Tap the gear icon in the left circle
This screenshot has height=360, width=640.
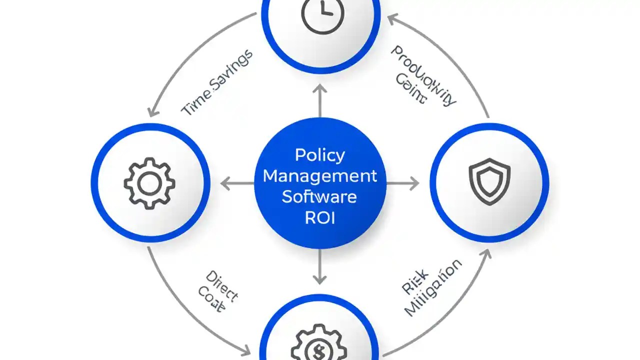coord(149,184)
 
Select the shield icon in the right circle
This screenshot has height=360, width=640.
coord(489,181)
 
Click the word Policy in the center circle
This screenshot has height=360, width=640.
coord(320,155)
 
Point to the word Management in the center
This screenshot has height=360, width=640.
coord(320,176)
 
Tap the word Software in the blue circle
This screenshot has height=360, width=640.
coord(320,196)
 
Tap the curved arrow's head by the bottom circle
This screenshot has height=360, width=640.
coord(247,348)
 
